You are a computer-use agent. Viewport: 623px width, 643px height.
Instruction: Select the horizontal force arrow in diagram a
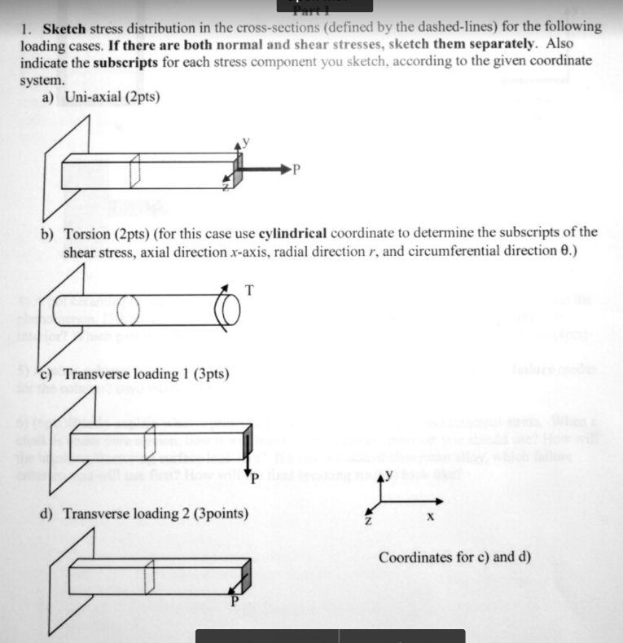(265, 170)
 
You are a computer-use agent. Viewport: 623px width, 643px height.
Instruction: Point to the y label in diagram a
(246, 141)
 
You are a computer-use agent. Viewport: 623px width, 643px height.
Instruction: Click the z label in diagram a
(226, 187)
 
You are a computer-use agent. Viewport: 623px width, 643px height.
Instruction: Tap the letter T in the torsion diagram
(249, 289)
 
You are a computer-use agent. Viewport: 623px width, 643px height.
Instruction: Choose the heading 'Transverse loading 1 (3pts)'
(146, 374)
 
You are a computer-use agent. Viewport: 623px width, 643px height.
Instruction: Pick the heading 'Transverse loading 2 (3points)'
(156, 514)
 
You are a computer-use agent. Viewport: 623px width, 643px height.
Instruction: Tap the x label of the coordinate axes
(430, 517)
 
